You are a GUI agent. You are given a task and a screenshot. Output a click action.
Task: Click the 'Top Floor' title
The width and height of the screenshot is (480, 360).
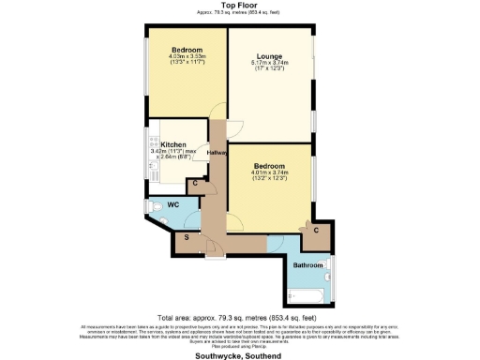pyautogui.click(x=240, y=5)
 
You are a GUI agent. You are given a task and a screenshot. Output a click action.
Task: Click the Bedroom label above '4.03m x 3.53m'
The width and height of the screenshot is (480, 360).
pyautogui.click(x=187, y=49)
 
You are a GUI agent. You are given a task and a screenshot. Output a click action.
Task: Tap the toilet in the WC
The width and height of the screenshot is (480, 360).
pyautogui.click(x=153, y=208)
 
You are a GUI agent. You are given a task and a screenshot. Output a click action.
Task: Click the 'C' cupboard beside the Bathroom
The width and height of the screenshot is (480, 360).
pyautogui.click(x=316, y=231)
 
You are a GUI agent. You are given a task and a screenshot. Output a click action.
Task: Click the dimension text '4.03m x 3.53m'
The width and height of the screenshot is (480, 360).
pyautogui.click(x=187, y=57)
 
